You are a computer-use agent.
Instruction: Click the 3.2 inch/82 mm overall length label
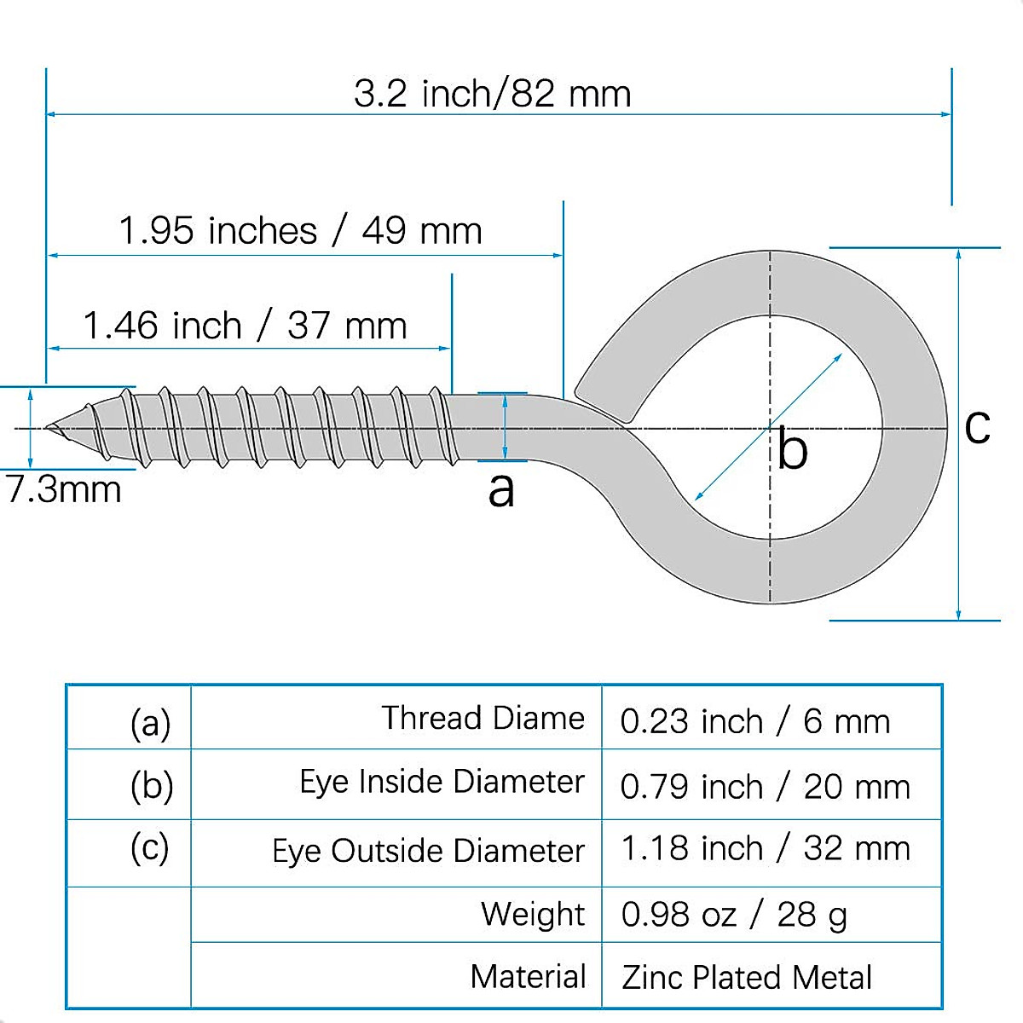click(493, 94)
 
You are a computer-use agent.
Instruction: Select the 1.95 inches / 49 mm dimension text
click(300, 231)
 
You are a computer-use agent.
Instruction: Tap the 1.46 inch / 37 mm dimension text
click(245, 326)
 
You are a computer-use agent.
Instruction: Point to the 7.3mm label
click(64, 490)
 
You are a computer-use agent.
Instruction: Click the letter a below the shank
click(501, 489)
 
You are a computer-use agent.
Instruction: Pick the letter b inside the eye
click(792, 449)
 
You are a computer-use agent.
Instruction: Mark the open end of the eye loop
click(601, 405)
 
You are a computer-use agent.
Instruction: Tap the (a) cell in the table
click(151, 722)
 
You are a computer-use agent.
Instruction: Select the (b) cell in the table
click(152, 785)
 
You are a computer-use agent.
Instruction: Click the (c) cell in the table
click(150, 848)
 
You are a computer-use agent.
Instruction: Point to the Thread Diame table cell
click(483, 718)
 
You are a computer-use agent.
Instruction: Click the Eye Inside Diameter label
click(442, 782)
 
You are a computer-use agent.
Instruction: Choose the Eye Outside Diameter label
click(428, 851)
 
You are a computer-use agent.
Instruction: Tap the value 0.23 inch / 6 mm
click(754, 722)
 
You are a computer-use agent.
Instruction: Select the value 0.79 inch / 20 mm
click(765, 787)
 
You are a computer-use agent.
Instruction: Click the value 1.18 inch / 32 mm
click(765, 849)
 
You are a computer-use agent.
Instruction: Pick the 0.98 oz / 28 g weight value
click(733, 915)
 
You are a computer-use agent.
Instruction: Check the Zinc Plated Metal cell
click(747, 978)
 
